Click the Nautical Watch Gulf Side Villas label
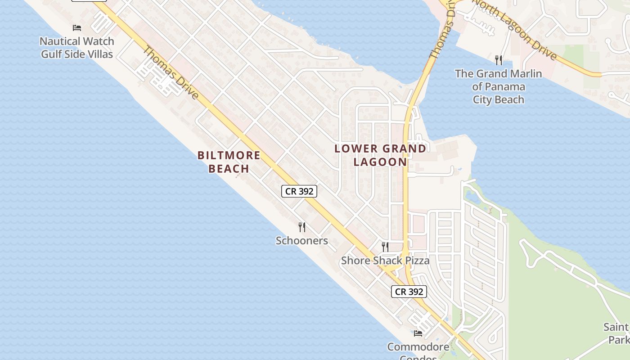[x=77, y=48]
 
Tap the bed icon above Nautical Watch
[x=77, y=28]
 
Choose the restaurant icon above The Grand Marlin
[x=498, y=60]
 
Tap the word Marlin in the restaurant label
[x=526, y=73]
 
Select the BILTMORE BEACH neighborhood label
[x=229, y=162]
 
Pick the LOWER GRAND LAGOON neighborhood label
[x=380, y=155]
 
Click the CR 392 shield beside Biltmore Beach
[x=299, y=191]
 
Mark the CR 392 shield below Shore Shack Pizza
[x=409, y=292]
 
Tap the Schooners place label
[x=302, y=241]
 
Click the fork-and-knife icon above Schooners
[x=302, y=227]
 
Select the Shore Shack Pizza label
[x=385, y=261]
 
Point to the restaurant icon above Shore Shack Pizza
[x=385, y=247]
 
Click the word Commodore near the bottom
[x=418, y=347]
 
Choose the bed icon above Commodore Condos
[x=418, y=333]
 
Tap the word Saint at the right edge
[x=616, y=327]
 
